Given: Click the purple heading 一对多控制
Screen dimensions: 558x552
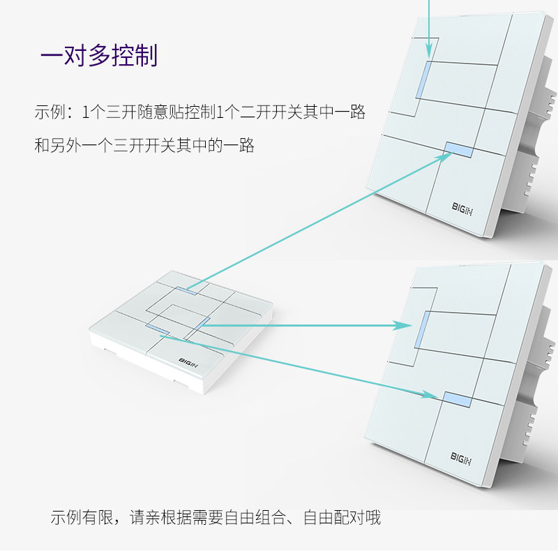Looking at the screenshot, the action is click(99, 55).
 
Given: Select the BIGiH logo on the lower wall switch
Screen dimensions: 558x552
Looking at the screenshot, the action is click(462, 456).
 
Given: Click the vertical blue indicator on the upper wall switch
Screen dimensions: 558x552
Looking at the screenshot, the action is click(423, 80).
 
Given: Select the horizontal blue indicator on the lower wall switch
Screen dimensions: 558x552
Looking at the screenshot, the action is click(457, 400).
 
